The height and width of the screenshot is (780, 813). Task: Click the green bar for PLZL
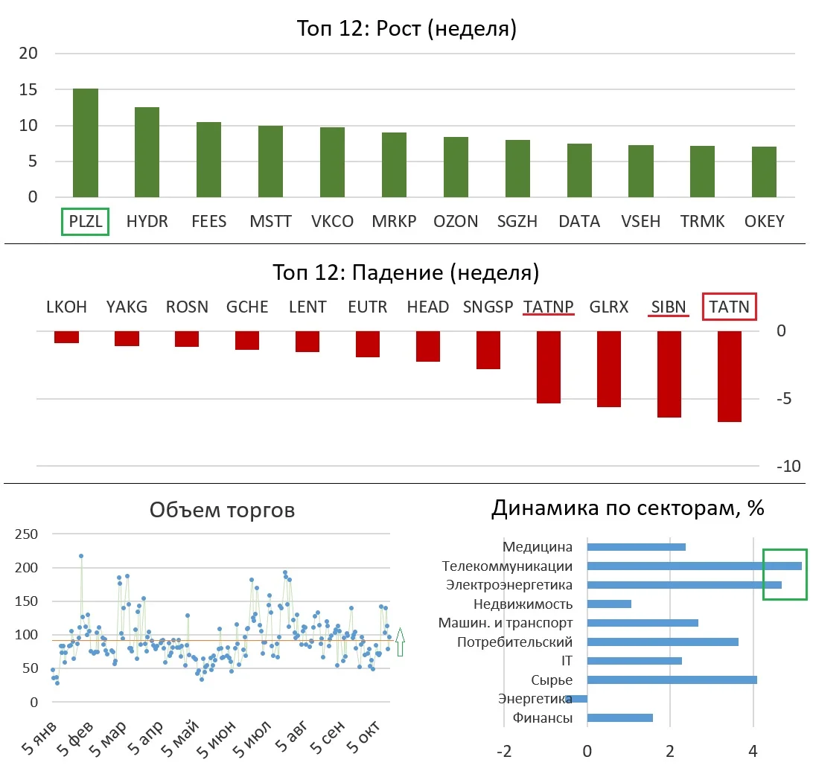pos(86,143)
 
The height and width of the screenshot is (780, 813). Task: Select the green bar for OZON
pos(456,167)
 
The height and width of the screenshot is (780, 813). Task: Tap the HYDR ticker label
pos(147,221)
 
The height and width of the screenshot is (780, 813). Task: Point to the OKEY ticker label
pos(765,221)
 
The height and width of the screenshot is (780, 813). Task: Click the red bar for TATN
pos(730,377)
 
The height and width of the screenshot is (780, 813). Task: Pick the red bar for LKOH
pos(66,337)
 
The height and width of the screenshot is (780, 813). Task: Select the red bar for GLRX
pos(609,369)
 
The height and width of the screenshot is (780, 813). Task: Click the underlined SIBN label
pos(669,307)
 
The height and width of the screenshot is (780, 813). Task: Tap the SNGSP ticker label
pos(488,307)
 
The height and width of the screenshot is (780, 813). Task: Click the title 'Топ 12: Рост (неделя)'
pos(406,28)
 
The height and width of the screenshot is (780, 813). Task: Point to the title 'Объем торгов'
pos(222,510)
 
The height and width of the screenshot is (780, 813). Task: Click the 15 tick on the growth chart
pos(28,89)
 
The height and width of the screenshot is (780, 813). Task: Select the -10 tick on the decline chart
pos(788,466)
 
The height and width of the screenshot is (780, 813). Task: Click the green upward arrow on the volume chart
pos(400,642)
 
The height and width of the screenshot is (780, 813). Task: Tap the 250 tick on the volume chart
pos(27,534)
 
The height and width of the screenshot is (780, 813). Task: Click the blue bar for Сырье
pos(672,680)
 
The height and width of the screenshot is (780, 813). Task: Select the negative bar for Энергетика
pos(576,699)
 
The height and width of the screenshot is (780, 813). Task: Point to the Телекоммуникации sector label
pos(507,566)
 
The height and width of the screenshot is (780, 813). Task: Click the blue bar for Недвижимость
pos(609,604)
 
